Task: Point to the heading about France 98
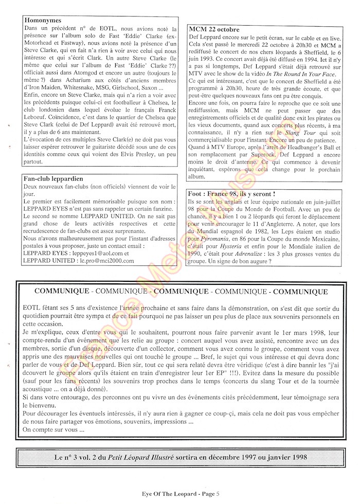pyautogui.click(x=231, y=194)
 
